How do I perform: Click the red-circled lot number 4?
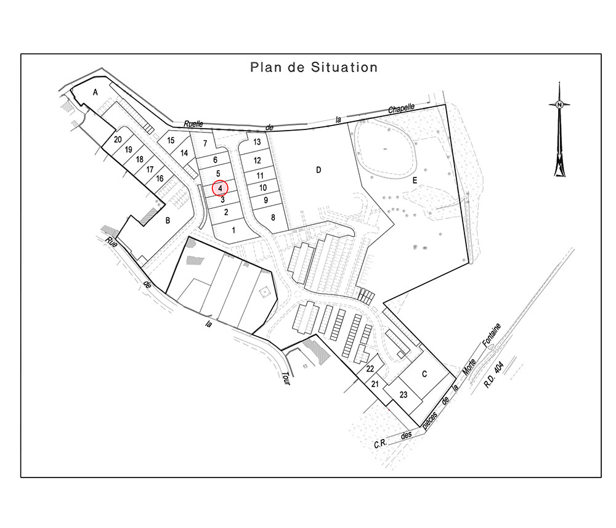(x=221, y=189)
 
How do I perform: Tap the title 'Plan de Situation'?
(x=314, y=67)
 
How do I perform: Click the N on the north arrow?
(x=559, y=105)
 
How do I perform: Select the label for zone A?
(x=95, y=92)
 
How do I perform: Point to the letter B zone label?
(x=168, y=221)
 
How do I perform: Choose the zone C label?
(x=424, y=374)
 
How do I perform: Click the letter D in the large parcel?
(x=318, y=169)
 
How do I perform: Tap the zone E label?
(x=415, y=181)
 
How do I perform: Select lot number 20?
(x=118, y=139)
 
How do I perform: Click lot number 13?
(x=257, y=142)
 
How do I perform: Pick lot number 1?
(x=233, y=230)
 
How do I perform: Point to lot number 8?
(x=273, y=217)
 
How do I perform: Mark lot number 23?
(x=403, y=394)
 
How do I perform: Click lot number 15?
(x=171, y=140)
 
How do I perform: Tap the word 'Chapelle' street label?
(x=402, y=108)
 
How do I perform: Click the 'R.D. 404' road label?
(x=493, y=375)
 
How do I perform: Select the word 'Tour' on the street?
(x=286, y=378)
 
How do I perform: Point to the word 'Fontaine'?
(x=492, y=335)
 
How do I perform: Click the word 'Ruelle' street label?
(x=193, y=124)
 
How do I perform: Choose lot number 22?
(x=370, y=369)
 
